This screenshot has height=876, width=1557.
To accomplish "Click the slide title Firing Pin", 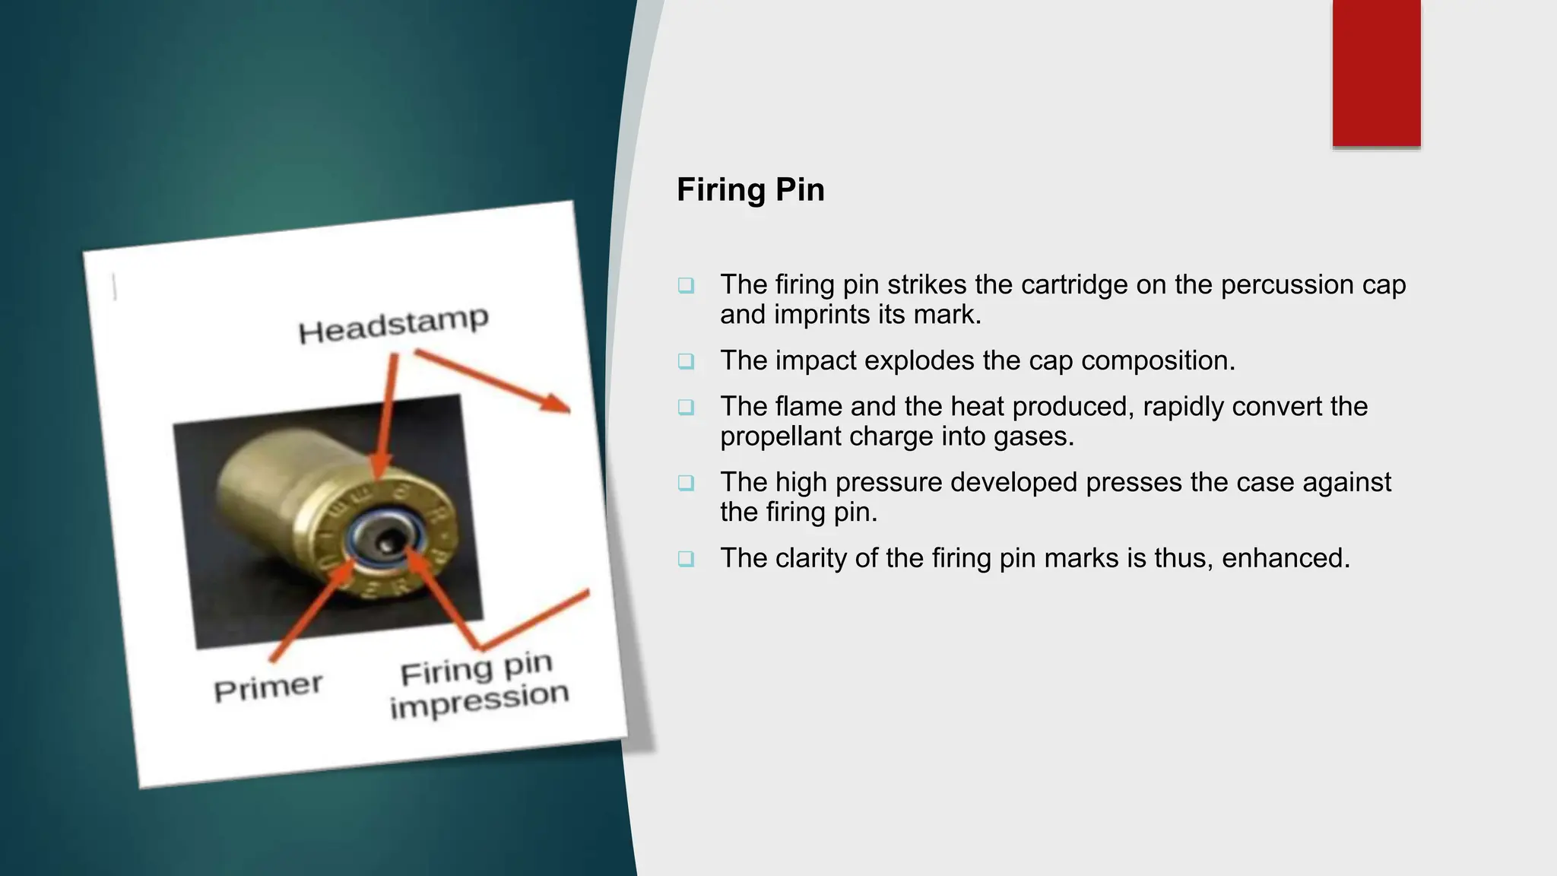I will (750, 189).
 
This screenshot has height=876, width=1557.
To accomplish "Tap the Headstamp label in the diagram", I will (393, 325).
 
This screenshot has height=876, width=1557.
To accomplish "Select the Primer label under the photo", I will (268, 688).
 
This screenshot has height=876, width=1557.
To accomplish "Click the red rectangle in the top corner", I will (1376, 73).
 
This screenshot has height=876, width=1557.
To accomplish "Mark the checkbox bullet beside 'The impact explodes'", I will (686, 361).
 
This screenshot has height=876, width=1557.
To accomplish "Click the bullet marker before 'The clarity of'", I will (686, 559).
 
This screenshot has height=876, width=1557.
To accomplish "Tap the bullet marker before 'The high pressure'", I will (686, 483).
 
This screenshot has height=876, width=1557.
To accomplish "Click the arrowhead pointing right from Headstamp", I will (559, 404).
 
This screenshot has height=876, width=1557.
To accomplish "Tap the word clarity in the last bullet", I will (811, 558).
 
